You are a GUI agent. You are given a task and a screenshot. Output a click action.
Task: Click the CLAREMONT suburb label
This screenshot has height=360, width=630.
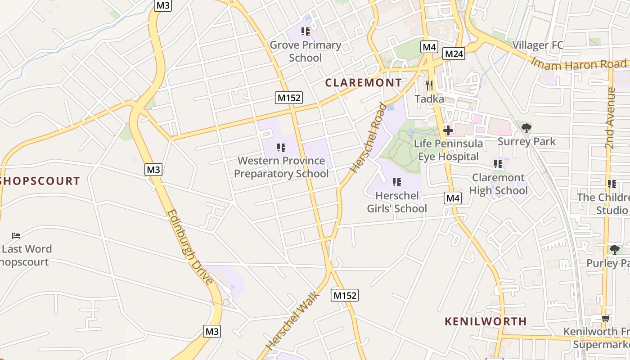pos(363,83)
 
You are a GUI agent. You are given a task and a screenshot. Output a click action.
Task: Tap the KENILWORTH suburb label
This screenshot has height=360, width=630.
pos(486,321)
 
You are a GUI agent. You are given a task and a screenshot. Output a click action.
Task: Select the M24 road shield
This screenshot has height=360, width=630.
pos(454,54)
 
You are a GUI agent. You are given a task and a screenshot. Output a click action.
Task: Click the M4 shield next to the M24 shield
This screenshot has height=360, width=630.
pos(429,46)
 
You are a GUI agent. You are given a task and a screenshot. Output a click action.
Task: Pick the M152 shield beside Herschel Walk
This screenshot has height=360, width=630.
pos(345,295)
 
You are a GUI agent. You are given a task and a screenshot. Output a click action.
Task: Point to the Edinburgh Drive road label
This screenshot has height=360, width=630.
pos(190,247)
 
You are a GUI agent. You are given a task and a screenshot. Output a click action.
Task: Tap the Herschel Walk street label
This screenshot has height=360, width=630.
pos(292,320)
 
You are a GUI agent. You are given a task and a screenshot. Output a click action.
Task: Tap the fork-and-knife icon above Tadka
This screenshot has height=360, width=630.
pos(429,85)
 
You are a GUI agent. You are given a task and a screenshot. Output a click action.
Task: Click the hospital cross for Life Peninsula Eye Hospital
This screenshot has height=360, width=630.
pos(448,130)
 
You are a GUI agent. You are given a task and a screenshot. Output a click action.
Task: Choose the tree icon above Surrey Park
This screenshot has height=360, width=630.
pos(526,128)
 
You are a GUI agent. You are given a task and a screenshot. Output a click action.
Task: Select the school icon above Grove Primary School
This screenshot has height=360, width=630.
pos(306,31)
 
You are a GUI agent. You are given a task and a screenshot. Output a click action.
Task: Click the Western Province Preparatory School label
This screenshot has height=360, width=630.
pos(281,167)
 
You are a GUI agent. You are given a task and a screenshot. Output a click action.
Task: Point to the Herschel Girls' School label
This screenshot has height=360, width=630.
pos(397,202)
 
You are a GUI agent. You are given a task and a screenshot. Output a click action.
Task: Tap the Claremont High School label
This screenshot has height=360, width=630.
pos(498,184)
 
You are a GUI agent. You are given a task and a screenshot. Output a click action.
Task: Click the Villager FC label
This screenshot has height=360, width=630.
pos(538,45)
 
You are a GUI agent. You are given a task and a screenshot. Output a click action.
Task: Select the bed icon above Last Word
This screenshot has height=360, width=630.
pos(17,235)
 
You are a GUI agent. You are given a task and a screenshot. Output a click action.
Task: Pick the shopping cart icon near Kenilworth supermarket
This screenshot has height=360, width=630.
pos(605,319)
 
